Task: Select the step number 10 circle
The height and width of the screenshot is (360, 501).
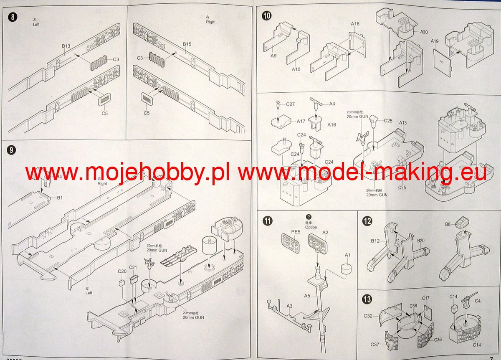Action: tap(266, 16)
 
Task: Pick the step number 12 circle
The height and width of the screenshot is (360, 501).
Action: tap(367, 221)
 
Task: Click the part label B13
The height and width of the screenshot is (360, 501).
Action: tap(66, 46)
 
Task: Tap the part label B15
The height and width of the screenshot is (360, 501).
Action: tap(187, 44)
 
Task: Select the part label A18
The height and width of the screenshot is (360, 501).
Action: tap(355, 24)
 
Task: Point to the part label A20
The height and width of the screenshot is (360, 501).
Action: tap(424, 32)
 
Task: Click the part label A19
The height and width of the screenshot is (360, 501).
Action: tap(435, 41)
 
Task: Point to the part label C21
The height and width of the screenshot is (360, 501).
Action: tap(133, 267)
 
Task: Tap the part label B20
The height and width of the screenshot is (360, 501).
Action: tap(421, 241)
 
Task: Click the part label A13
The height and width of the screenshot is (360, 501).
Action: tap(403, 123)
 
